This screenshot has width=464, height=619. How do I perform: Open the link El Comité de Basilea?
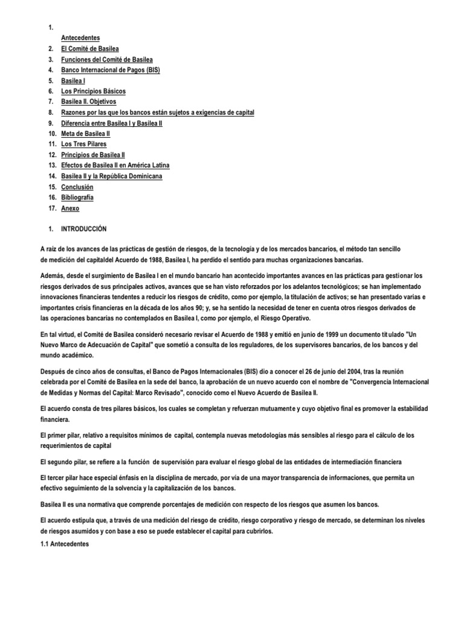(90, 49)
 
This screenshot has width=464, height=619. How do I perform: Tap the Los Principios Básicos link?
(93, 91)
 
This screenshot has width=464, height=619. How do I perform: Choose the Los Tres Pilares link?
(83, 144)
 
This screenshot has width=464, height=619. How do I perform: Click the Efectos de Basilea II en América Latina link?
(115, 166)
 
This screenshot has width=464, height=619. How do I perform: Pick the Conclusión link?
(77, 187)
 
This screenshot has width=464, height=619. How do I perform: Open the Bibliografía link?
(77, 198)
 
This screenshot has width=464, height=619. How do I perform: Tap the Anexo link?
(70, 209)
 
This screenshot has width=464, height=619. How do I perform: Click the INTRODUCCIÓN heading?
(83, 229)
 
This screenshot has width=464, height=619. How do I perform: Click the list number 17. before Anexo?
(51, 209)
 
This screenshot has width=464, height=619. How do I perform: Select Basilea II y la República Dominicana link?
(111, 177)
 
